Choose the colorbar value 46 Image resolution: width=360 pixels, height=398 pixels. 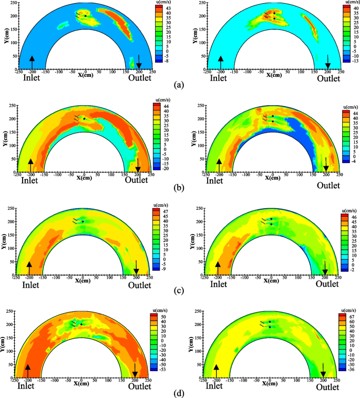coord(349,216)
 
